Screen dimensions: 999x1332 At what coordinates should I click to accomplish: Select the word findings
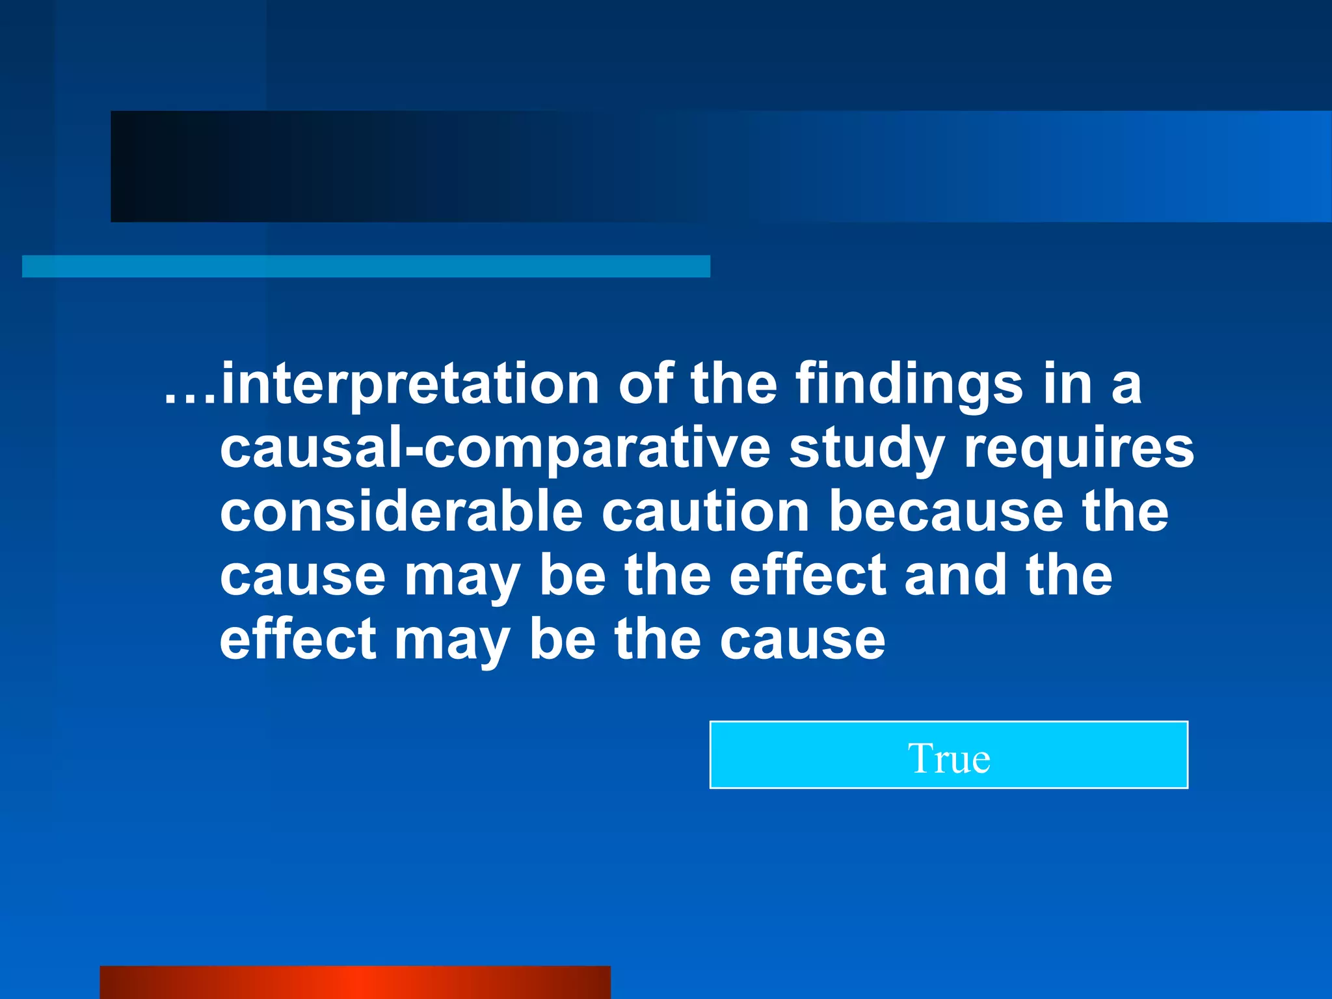909,385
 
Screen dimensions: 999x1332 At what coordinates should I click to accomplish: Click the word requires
1079,449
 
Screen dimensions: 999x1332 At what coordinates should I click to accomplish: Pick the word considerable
401,512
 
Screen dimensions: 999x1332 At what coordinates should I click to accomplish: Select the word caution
705,512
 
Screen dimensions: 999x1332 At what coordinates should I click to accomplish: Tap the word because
946,512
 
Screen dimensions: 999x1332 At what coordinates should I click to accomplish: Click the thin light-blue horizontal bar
366,267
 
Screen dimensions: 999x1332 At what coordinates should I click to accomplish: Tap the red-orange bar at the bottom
355,982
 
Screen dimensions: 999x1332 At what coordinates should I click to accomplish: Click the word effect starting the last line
298,639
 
